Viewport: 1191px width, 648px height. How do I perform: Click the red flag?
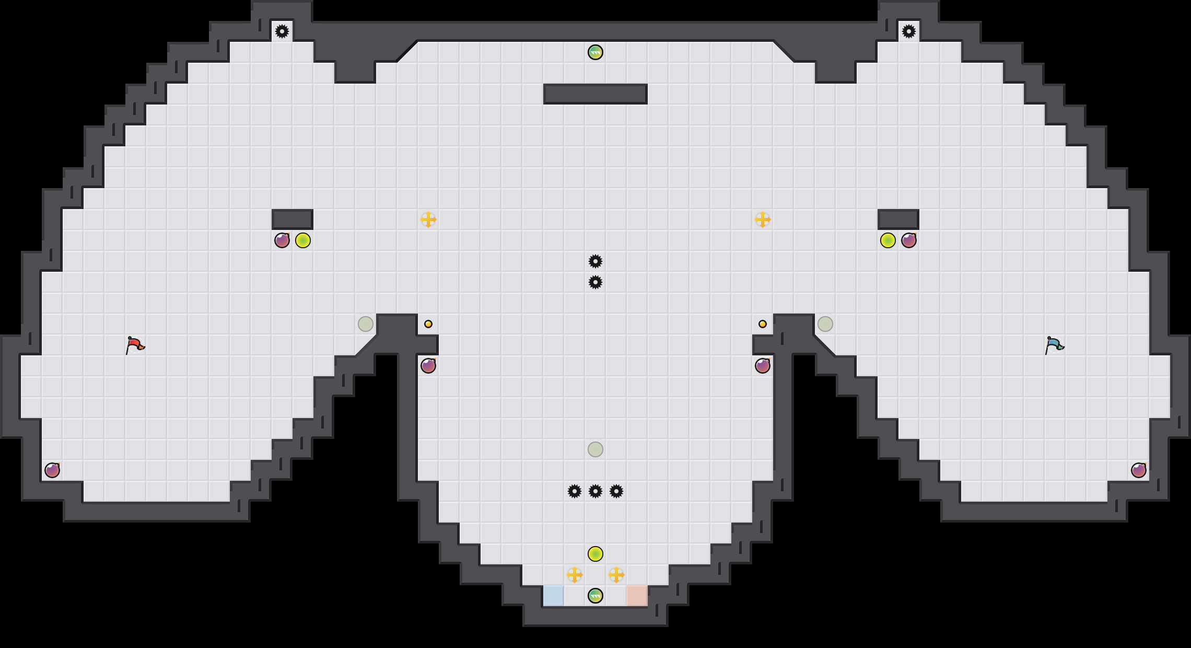coord(135,345)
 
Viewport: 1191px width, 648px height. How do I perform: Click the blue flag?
coord(1054,345)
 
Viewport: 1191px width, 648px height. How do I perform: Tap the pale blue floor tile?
coord(554,596)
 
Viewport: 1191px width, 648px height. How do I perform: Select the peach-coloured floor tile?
coord(637,596)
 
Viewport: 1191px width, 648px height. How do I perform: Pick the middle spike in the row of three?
coord(595,491)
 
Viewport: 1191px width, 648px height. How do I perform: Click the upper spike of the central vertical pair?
coord(595,261)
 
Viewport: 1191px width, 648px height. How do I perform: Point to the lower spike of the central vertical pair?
coord(595,282)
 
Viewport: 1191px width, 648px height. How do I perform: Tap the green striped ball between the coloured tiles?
coord(595,596)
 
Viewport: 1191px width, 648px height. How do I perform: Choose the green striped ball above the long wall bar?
coord(595,52)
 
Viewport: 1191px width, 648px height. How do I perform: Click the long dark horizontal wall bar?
coord(595,94)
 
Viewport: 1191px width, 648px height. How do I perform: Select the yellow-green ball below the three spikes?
coord(595,554)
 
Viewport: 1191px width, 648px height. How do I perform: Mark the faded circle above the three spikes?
coord(595,449)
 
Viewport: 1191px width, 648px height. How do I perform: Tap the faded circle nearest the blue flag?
coord(825,324)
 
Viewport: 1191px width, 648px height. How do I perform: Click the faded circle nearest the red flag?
coord(366,324)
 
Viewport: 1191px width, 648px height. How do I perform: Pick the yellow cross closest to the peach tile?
coord(616,575)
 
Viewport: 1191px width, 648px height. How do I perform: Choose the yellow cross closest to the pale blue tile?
coord(575,575)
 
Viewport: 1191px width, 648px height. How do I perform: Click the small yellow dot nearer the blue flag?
coord(763,324)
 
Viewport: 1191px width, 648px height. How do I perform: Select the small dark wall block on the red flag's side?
coord(293,219)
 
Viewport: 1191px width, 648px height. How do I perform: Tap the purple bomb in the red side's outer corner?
coord(52,470)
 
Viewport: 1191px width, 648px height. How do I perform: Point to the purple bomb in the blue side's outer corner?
coord(1139,470)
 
